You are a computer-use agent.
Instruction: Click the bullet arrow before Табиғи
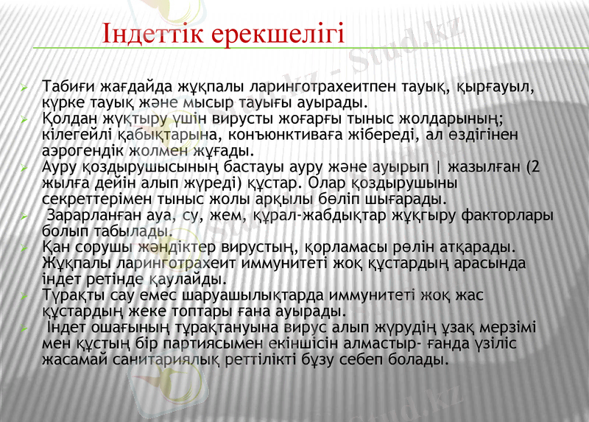pos(25,87)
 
